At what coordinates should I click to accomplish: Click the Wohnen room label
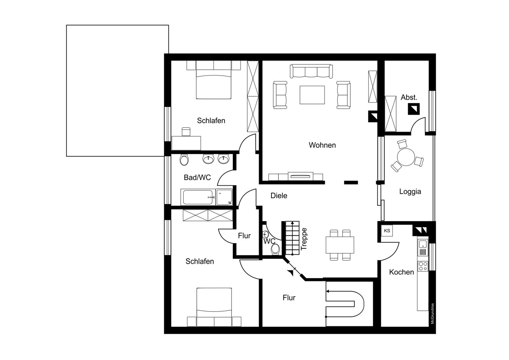coord(322,145)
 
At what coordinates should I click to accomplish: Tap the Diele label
coord(279,196)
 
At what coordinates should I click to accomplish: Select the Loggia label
coord(410,191)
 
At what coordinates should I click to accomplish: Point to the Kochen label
coord(402,272)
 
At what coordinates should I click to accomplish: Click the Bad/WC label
coord(197,177)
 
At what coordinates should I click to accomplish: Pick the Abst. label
coord(409,97)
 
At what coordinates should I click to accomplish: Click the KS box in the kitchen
coord(387,231)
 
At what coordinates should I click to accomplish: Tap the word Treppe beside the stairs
coord(304,239)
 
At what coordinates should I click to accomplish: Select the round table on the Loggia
coord(406,157)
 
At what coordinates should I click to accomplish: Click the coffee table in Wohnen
coord(312,95)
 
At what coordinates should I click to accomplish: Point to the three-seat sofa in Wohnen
coord(311,71)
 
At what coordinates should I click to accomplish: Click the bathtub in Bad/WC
coord(198,197)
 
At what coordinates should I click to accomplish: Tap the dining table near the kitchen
coord(340,245)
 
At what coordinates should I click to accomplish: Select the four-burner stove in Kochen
coord(422,266)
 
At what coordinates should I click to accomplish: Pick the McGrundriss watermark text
coord(432,314)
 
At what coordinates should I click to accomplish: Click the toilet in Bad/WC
coord(184,160)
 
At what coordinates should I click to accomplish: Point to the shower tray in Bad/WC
coord(224,197)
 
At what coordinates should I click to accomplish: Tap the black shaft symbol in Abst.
coord(414,109)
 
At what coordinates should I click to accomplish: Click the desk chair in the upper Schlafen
coord(186,132)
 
